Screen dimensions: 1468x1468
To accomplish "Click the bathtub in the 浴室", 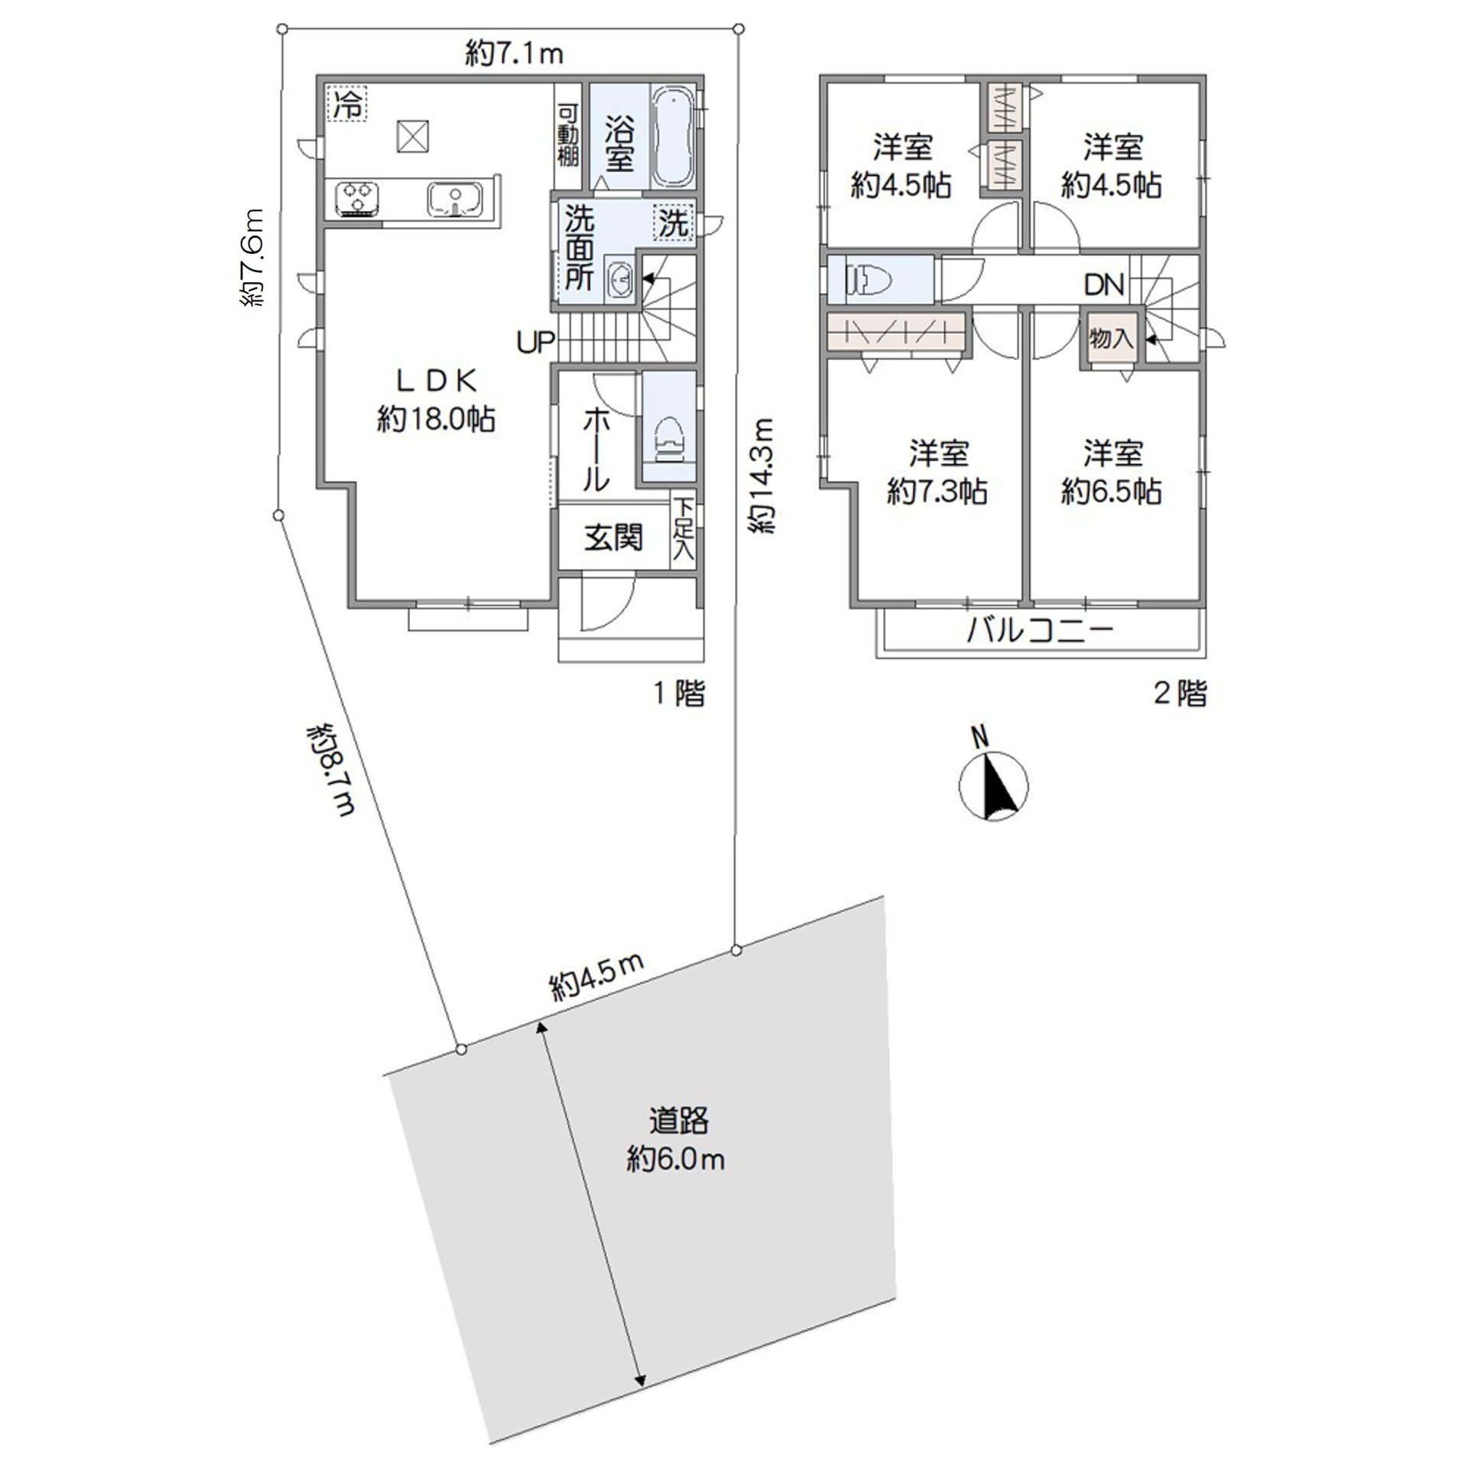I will (674, 136).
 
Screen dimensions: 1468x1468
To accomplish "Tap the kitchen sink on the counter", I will (454, 200).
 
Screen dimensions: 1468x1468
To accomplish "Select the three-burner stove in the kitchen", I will (357, 199).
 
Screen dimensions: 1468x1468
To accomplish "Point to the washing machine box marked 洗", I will (674, 223).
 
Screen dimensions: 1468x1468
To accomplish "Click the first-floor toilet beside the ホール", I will (668, 442).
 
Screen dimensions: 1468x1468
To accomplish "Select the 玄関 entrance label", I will (613, 538).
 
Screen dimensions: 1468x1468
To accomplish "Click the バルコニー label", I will (1040, 632).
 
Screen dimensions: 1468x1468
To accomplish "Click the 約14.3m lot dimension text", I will (762, 476).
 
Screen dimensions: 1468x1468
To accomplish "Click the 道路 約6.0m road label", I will (677, 1139).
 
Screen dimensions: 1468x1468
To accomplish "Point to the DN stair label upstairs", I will (1104, 285).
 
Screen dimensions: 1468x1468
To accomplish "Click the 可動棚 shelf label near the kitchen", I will (567, 135).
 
